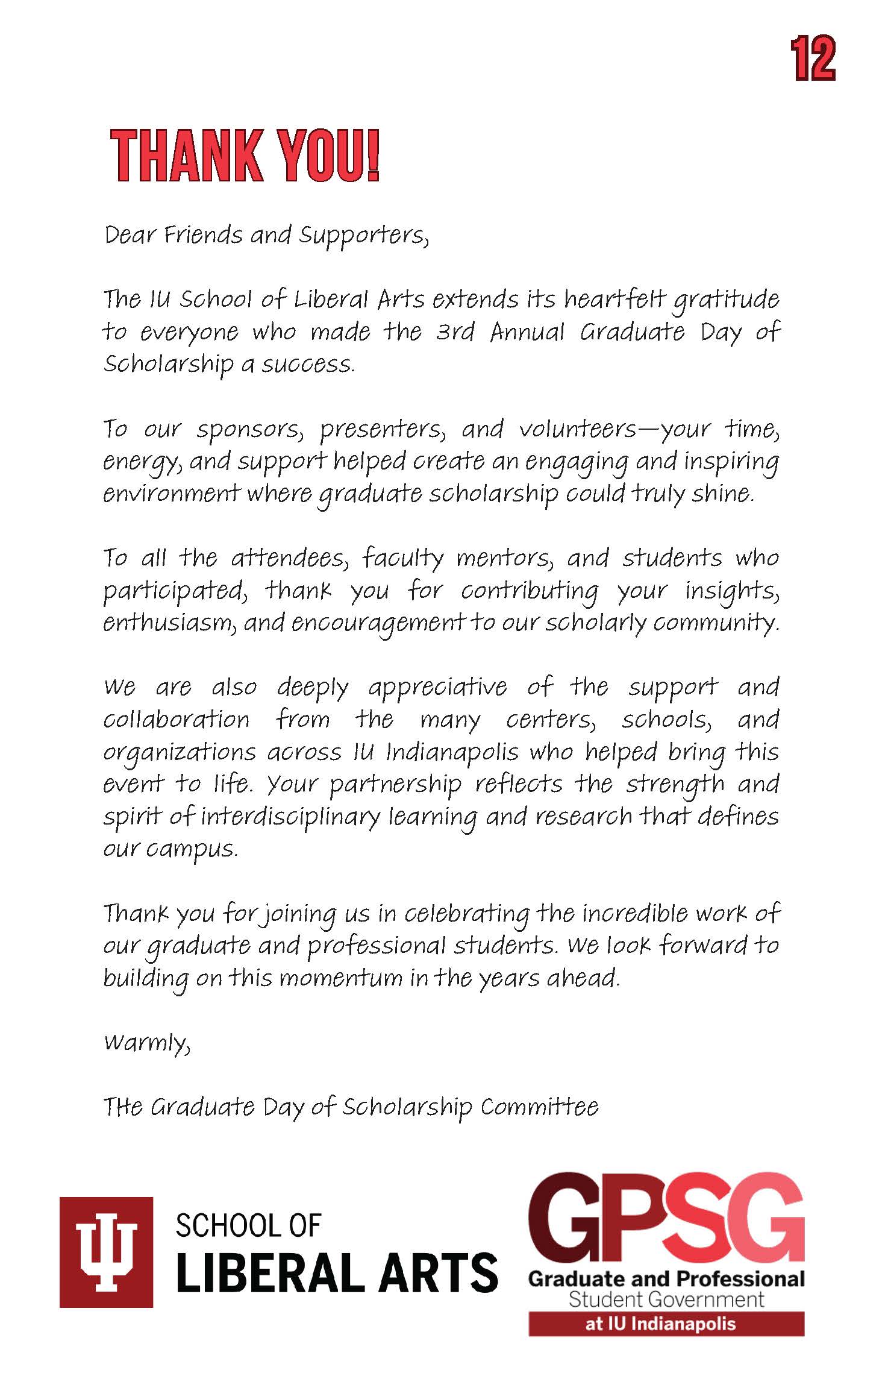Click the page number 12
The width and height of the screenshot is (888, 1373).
814,58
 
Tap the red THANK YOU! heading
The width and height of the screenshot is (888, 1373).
245,156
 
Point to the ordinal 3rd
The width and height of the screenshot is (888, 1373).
455,332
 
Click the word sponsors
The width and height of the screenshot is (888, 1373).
248,429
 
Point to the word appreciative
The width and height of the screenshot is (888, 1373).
438,688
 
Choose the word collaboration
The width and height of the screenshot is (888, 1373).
177,720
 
